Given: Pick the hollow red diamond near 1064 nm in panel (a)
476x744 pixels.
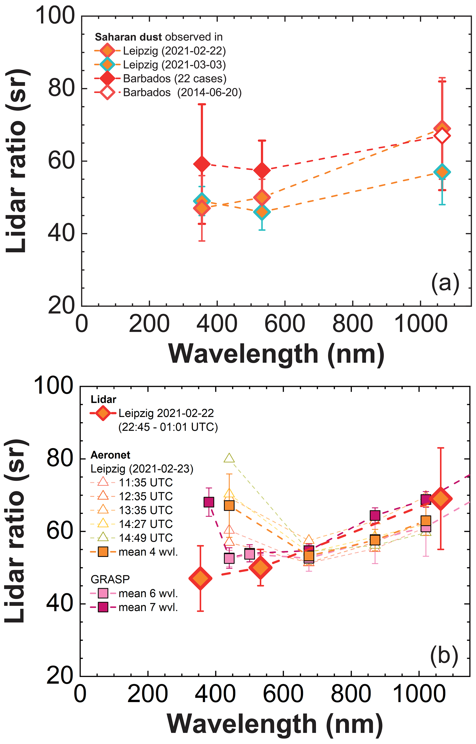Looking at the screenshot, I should click(x=442, y=136).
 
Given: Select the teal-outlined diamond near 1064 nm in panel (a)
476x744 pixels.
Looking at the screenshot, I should click(x=442, y=172).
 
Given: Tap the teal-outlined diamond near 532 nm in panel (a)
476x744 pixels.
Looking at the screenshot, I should click(x=262, y=212).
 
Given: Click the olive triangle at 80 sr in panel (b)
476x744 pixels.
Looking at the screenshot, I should click(x=229, y=458).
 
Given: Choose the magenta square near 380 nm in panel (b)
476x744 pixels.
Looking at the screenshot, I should click(x=209, y=502).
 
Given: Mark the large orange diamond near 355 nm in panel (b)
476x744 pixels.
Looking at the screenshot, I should click(x=200, y=578).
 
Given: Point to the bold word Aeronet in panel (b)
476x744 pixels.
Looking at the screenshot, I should click(x=110, y=455).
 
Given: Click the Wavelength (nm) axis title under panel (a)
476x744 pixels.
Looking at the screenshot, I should click(x=276, y=354).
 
